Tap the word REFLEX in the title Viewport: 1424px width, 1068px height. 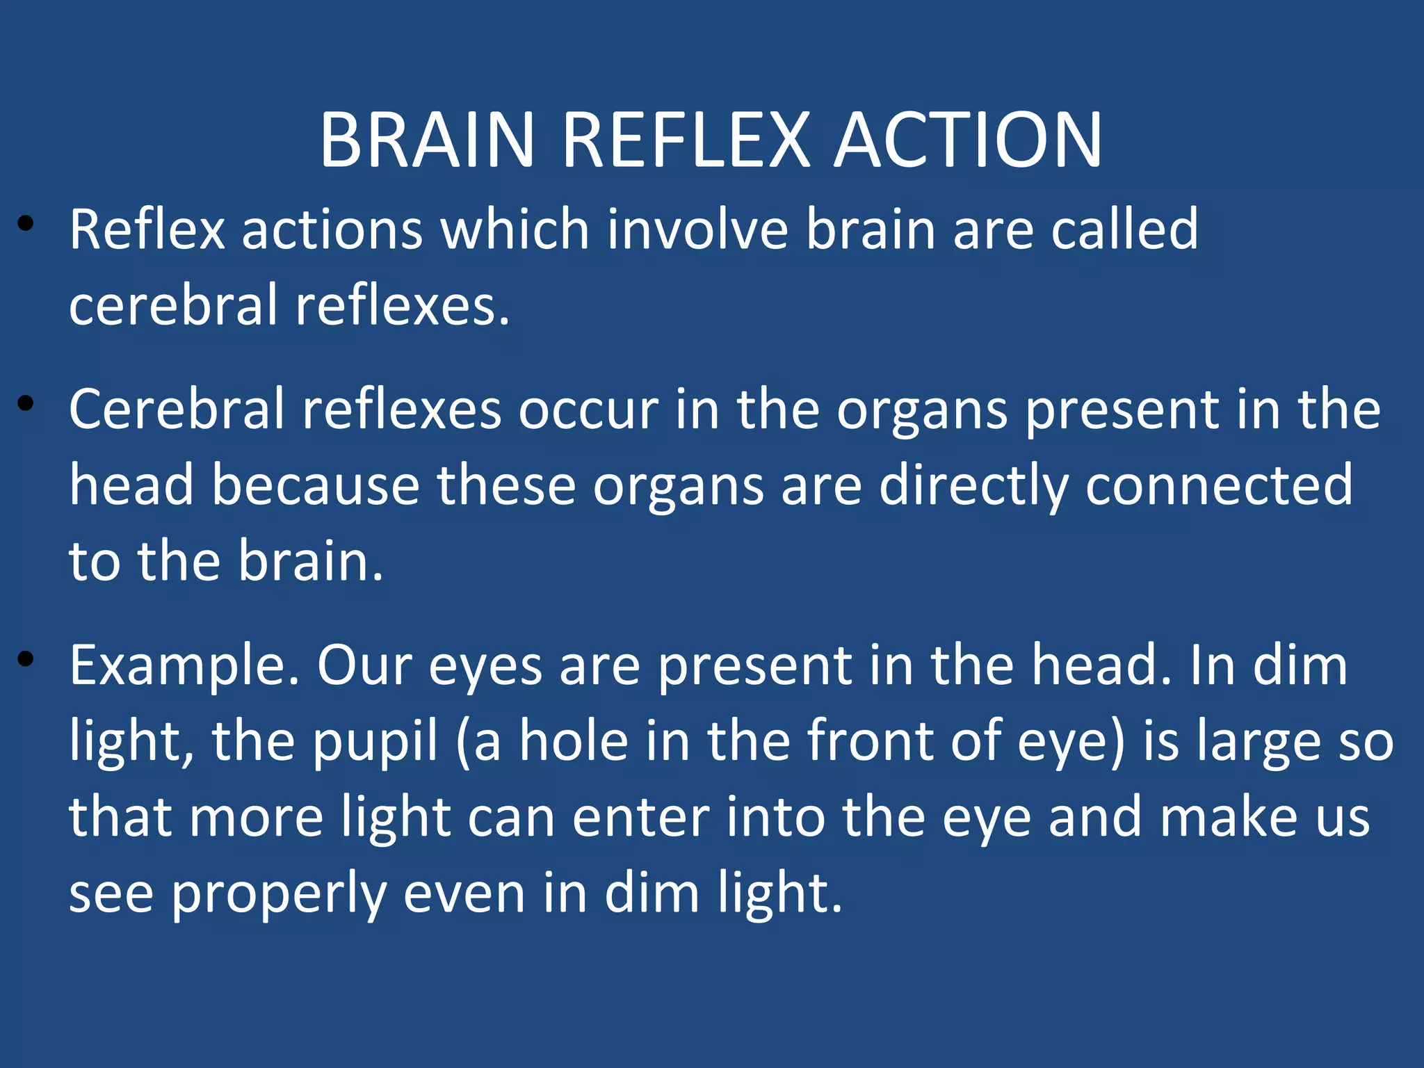[x=686, y=141]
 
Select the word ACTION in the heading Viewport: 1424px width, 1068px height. [x=968, y=141]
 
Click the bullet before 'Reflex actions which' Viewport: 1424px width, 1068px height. [x=26, y=224]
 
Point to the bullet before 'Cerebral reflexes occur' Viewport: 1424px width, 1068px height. [x=26, y=403]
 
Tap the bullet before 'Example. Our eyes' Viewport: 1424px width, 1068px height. [x=26, y=658]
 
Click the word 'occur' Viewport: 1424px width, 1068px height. [x=588, y=410]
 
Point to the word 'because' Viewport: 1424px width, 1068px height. [x=316, y=485]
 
